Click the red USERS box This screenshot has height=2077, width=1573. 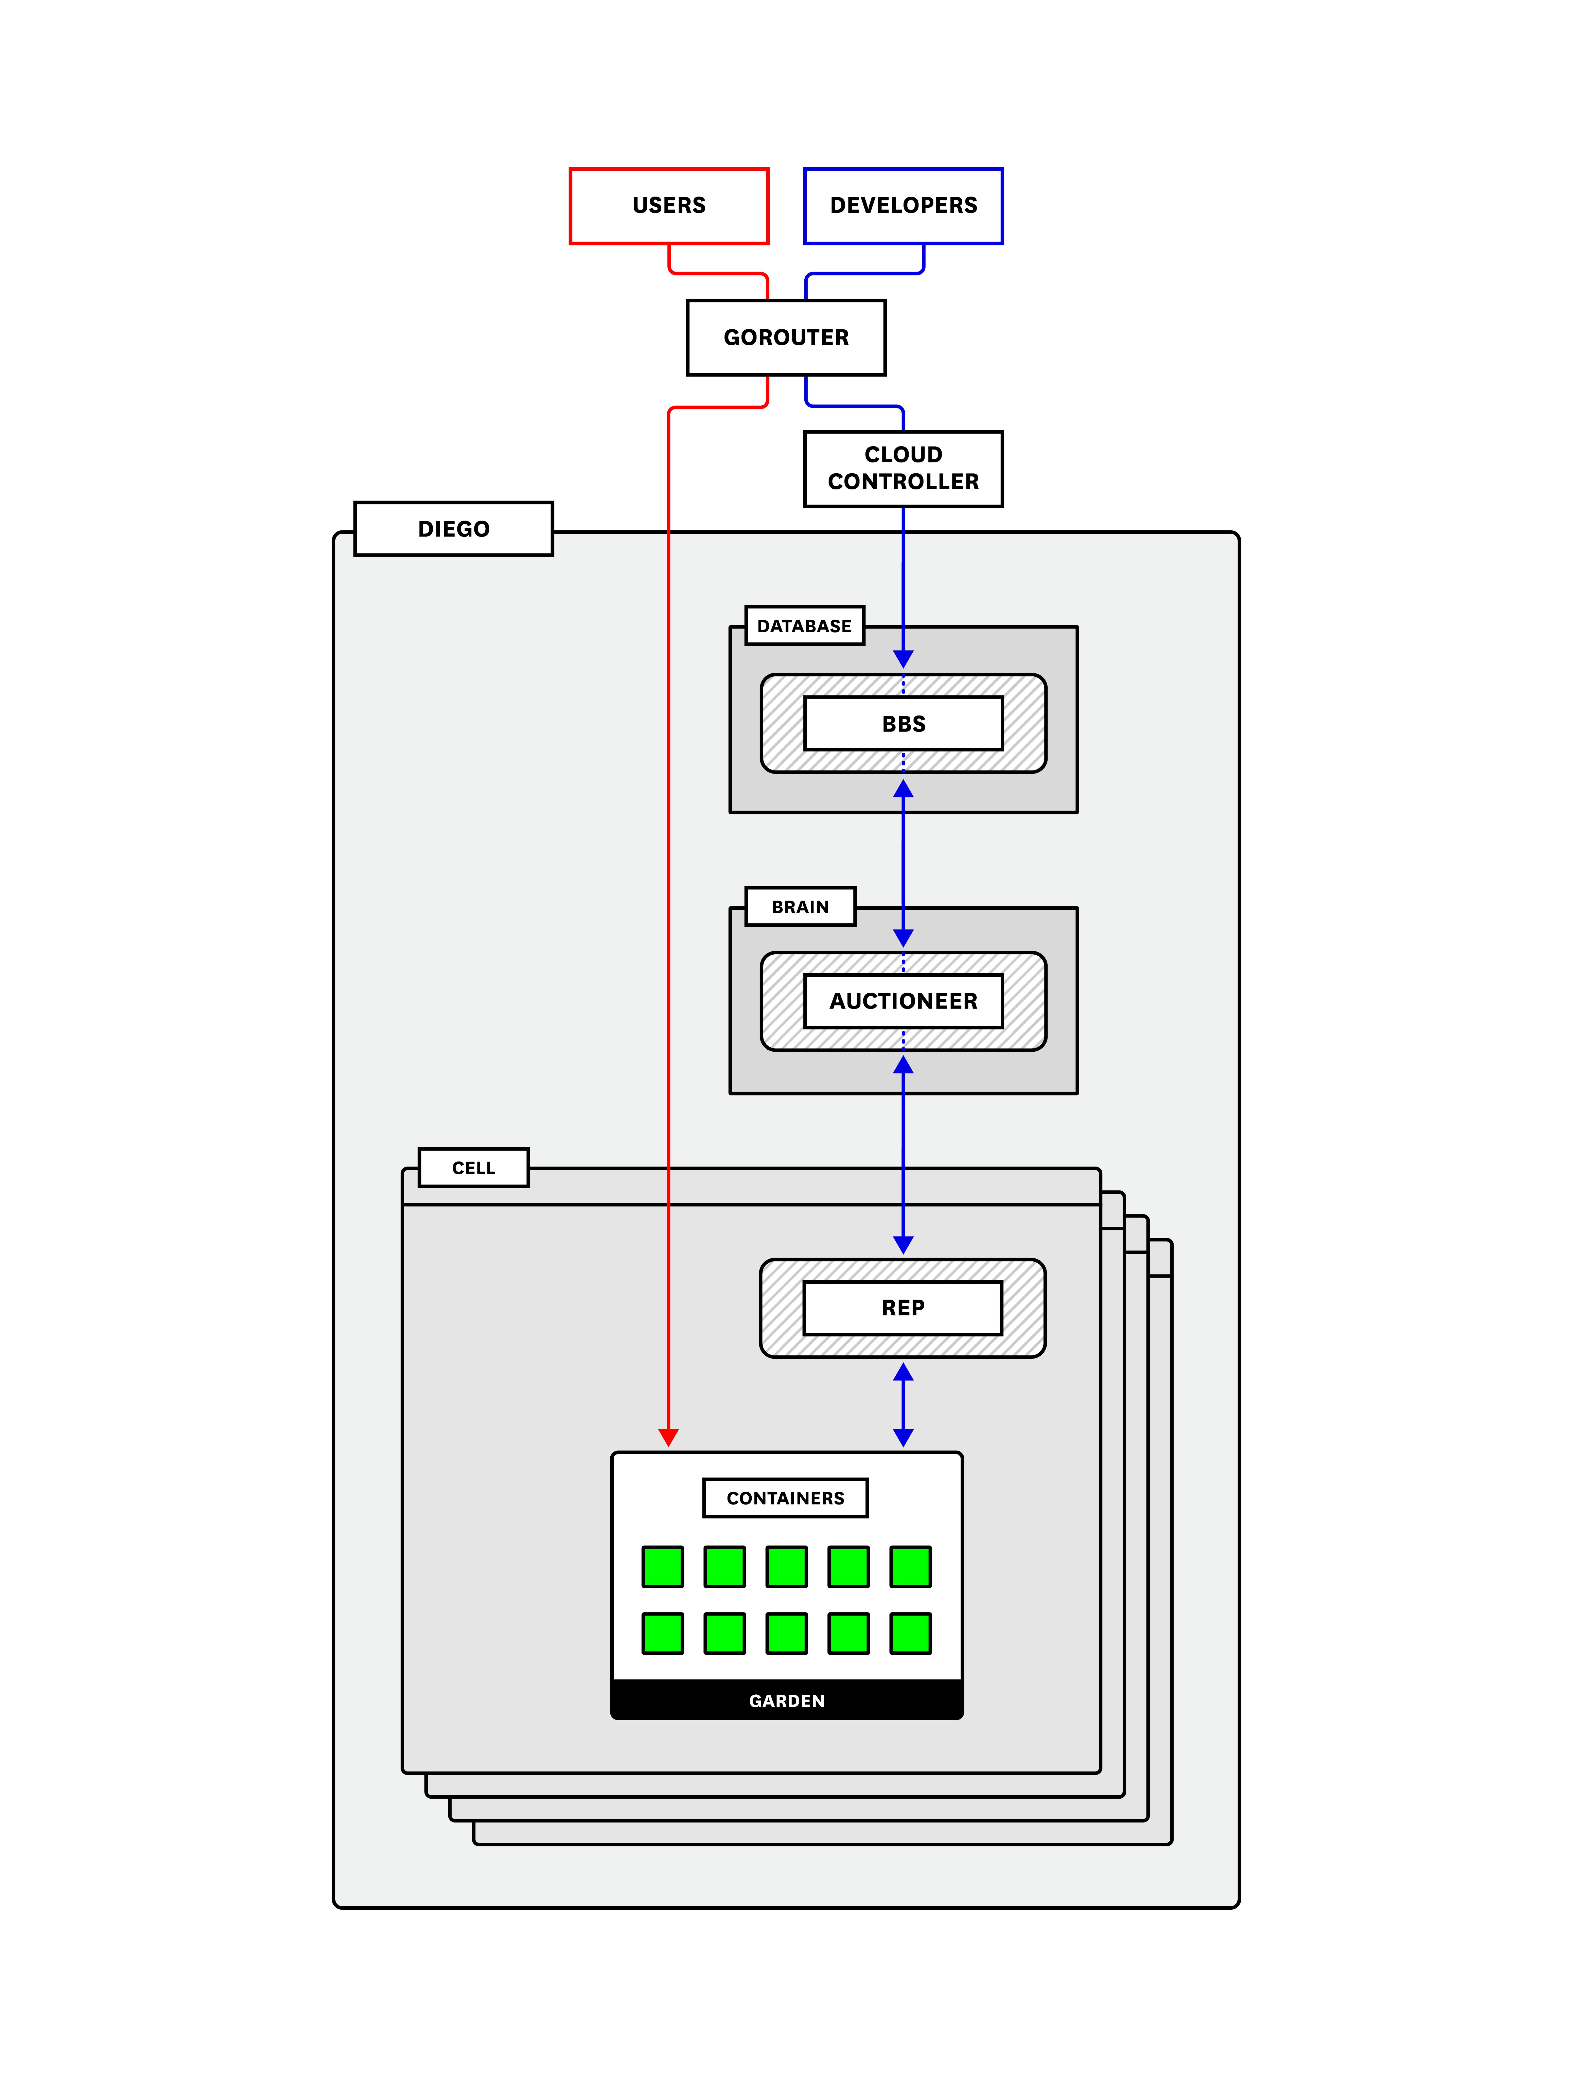click(x=669, y=206)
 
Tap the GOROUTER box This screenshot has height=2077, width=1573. click(x=786, y=337)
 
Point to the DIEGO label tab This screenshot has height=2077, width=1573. click(x=454, y=529)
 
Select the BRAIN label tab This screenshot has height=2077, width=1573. click(x=800, y=906)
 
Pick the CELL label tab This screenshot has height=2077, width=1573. click(x=473, y=1167)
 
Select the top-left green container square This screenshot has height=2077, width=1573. click(x=663, y=1566)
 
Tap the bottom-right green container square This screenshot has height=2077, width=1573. click(x=910, y=1633)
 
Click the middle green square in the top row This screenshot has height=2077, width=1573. click(x=786, y=1566)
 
